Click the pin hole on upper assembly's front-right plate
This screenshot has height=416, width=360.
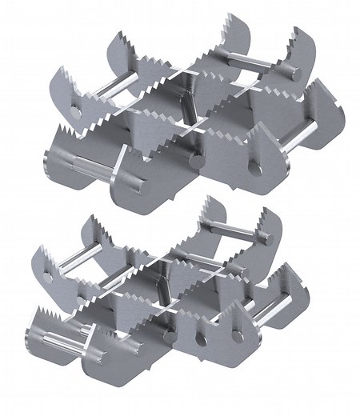point(255,167)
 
